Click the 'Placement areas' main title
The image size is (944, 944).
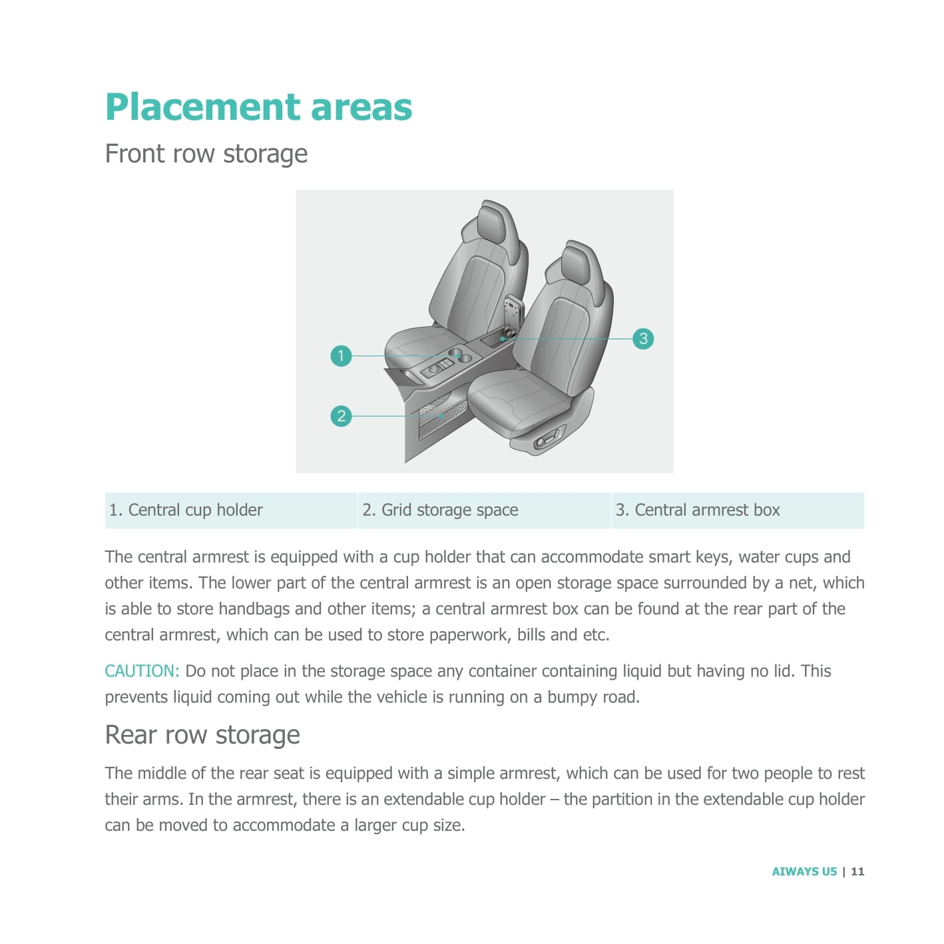point(258,107)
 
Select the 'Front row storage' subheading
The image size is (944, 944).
point(206,154)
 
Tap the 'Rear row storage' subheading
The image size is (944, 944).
point(202,735)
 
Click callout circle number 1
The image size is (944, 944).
point(341,355)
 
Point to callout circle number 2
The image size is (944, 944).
point(341,416)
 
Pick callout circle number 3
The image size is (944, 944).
point(643,338)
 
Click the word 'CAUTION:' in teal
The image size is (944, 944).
point(142,671)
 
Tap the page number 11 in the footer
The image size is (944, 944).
point(857,871)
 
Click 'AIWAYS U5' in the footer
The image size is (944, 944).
point(804,871)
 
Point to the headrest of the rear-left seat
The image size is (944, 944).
point(499,223)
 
